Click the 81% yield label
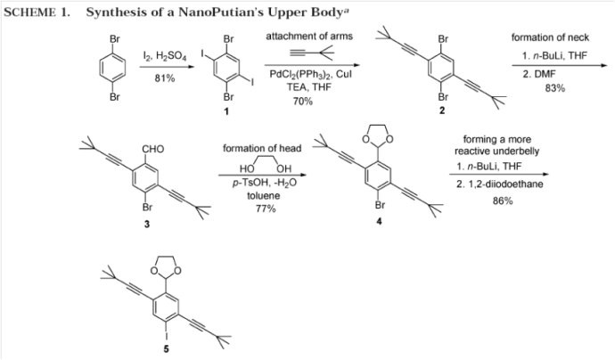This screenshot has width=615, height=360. [x=165, y=78]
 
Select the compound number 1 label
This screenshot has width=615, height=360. [x=225, y=111]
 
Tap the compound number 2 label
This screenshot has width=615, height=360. [x=442, y=110]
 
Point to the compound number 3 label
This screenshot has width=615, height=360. [x=147, y=224]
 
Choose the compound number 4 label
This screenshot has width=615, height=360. [x=379, y=222]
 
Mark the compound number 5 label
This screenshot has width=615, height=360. [x=167, y=348]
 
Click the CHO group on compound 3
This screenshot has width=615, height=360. [x=153, y=149]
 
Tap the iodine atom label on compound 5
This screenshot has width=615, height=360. [x=167, y=334]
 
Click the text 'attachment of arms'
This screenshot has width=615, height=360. [x=309, y=37]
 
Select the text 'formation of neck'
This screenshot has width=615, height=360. [x=550, y=37]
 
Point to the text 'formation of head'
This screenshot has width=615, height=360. [x=262, y=148]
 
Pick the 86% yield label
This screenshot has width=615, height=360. [x=503, y=200]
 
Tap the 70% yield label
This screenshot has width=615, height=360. [x=303, y=102]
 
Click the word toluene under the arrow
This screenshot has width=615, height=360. [x=264, y=195]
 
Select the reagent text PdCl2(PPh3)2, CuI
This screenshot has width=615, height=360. [x=311, y=74]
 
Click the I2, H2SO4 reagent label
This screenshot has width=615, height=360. [x=165, y=57]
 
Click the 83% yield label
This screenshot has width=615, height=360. [x=555, y=88]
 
